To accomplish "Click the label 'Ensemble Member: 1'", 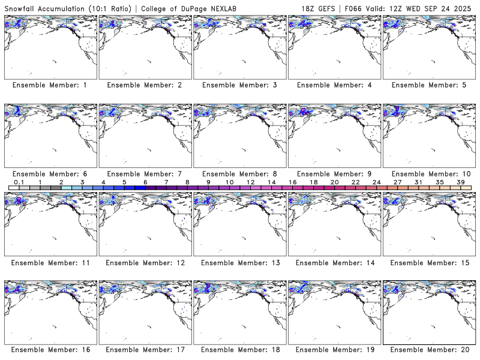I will (x=50, y=85).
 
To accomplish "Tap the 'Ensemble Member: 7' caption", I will (x=145, y=174).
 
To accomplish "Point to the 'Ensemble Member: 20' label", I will (x=429, y=350).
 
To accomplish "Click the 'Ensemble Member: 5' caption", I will (x=429, y=85).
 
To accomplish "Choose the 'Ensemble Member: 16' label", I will (x=50, y=350).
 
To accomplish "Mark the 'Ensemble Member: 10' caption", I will (x=429, y=174).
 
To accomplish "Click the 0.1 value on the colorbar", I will (x=19, y=182).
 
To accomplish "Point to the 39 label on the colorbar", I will (x=461, y=182).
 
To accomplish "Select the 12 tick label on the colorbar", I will (x=250, y=182).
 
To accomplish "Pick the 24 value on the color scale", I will (x=376, y=182).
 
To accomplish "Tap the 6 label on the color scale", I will (x=145, y=182).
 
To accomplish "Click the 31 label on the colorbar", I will (x=418, y=182).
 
